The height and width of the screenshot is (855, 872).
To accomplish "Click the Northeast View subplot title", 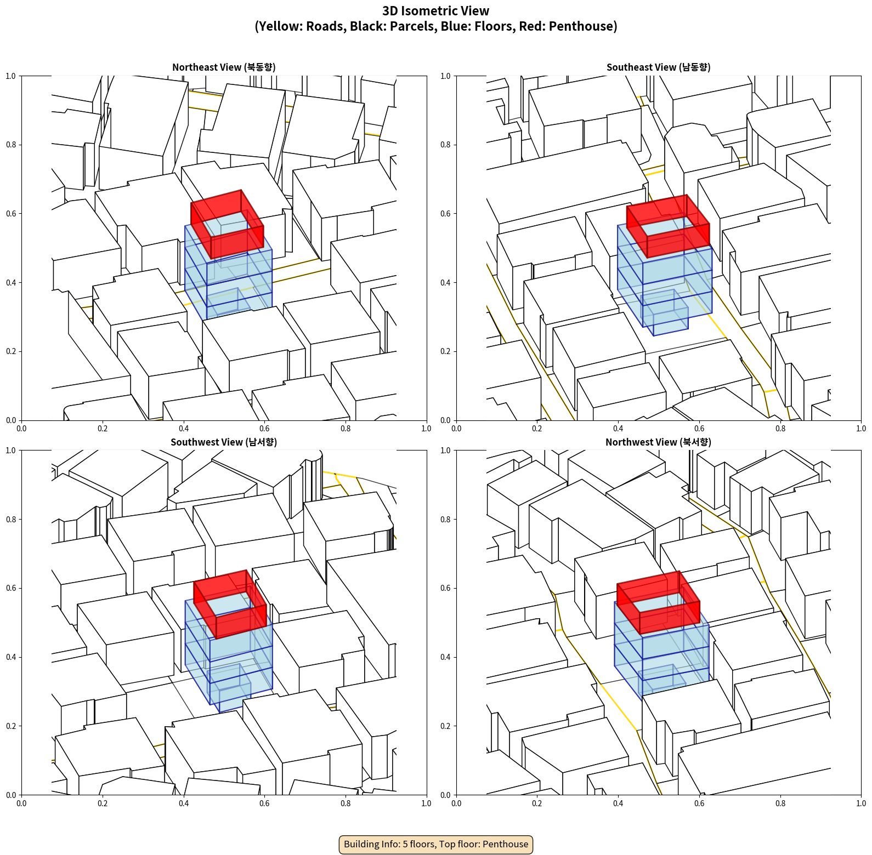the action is coord(224,67).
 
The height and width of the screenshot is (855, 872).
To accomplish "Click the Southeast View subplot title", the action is coord(658,67).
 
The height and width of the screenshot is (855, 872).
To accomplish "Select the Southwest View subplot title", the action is coord(224,442).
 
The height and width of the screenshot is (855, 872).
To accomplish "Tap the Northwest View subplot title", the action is coord(658,442).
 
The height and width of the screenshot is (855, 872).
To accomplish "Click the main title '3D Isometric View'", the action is coord(436,11).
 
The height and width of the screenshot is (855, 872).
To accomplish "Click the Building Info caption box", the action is coord(436,844).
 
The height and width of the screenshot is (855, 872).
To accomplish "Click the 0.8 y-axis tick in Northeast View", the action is coord(10,145).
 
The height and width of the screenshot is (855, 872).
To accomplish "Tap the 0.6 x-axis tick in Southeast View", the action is coord(699,429).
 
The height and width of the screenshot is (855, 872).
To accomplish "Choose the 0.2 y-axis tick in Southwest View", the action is coord(10,726).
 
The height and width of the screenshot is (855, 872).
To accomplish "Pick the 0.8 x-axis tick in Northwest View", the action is coord(780,803).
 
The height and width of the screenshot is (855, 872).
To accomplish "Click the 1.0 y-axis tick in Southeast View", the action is coord(445,76).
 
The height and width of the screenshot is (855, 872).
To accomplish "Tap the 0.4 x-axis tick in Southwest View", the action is coord(184,803).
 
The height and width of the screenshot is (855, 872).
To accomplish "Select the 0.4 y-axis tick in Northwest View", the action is coord(445,657).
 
